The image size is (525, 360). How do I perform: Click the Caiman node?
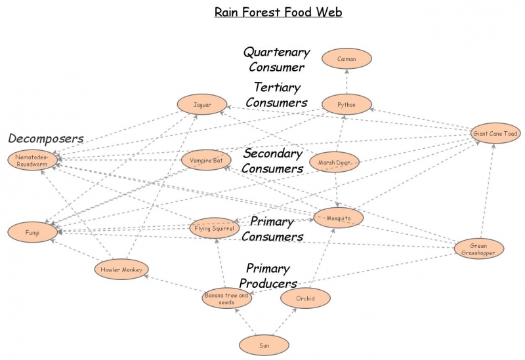[346, 59]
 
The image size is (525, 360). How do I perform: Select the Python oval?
[346, 104]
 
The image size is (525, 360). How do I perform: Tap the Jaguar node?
[202, 104]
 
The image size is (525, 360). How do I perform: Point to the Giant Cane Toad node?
[495, 134]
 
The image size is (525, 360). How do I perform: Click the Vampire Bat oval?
[206, 160]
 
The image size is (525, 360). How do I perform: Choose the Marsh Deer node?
[334, 162]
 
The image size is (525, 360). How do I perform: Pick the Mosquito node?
[339, 218]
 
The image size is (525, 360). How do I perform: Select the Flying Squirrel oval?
[215, 228]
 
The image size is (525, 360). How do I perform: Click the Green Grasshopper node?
[479, 249]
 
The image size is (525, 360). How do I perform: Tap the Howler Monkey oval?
[121, 269]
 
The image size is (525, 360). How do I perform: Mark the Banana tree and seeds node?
[226, 298]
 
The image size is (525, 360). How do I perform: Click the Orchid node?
[305, 299]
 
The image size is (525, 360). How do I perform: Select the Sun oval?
[264, 345]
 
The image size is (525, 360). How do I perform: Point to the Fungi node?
[32, 232]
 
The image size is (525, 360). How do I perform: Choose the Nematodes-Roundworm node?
[32, 160]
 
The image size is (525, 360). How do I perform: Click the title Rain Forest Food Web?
[278, 12]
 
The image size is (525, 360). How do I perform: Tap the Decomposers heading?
[46, 138]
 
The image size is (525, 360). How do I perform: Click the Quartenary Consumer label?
[276, 59]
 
